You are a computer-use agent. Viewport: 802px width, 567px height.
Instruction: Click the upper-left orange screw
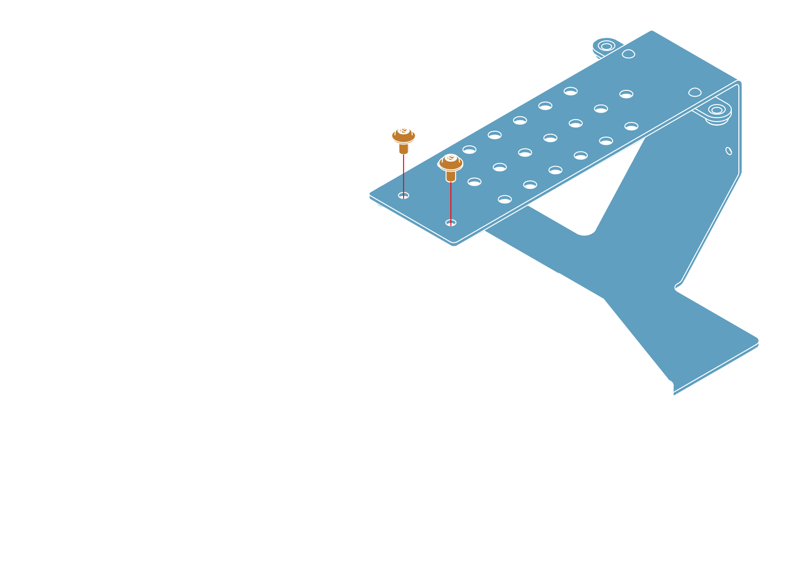[x=403, y=137]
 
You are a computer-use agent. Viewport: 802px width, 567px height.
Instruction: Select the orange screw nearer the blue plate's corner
[x=450, y=165]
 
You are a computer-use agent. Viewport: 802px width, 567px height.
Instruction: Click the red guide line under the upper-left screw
[x=404, y=174]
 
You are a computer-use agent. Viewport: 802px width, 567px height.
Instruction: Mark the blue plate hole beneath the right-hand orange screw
[x=450, y=223]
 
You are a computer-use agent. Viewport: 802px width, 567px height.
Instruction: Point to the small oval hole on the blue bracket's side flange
[x=728, y=151]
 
